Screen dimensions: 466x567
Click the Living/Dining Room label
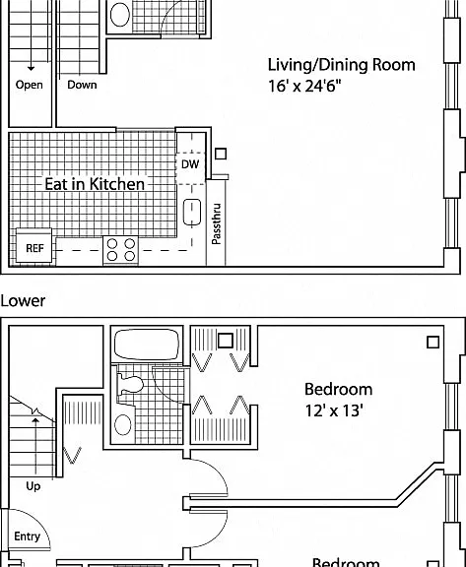(x=341, y=65)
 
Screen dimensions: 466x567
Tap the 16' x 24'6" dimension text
(x=304, y=86)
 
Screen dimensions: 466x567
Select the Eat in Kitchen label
(x=95, y=184)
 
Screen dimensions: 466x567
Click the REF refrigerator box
(x=34, y=246)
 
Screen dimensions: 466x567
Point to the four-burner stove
(x=121, y=250)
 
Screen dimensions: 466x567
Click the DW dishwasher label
(x=190, y=164)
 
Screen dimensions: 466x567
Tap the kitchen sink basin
(x=192, y=213)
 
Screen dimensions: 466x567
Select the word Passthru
(x=216, y=223)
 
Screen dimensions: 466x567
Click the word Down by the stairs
(x=82, y=85)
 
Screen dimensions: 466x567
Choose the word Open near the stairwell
(x=29, y=85)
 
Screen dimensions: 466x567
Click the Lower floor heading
(x=23, y=301)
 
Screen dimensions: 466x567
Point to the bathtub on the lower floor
(x=147, y=344)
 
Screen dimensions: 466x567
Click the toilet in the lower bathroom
(x=130, y=385)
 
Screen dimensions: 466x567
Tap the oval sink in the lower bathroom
(x=123, y=424)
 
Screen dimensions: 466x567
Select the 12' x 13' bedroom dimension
(x=334, y=410)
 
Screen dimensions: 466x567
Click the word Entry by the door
(x=28, y=536)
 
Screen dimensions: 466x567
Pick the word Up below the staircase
(x=33, y=486)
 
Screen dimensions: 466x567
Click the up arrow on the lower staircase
(x=35, y=446)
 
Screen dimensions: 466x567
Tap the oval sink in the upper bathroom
(x=120, y=15)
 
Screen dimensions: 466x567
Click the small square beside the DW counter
(x=221, y=154)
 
